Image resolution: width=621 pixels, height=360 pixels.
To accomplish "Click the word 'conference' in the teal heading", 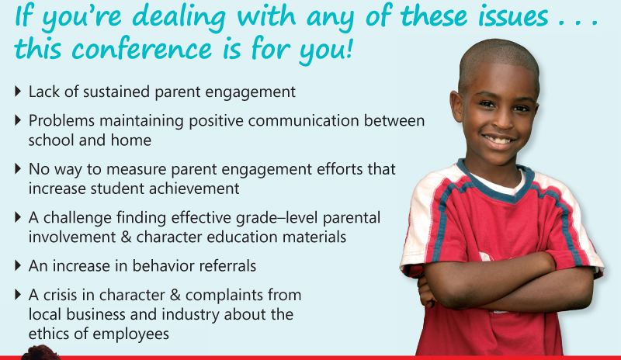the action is coord(142,50).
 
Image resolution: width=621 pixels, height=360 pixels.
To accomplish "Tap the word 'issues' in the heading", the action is coord(513,16).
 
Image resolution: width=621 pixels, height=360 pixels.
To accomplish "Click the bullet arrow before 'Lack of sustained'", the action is coord(18,92).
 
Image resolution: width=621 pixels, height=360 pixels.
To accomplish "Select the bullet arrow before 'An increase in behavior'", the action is coord(18,265).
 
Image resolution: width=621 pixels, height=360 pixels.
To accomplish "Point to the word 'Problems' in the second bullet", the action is coord(61,120).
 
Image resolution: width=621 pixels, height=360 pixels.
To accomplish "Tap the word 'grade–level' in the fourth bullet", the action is coord(277,217).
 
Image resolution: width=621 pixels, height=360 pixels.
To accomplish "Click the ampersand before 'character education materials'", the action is coord(126,237).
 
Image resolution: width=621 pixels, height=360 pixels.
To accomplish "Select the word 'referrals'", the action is coord(227,266).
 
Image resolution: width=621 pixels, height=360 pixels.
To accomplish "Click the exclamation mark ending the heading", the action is coord(349,48).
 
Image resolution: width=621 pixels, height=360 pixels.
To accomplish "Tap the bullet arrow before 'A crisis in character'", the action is coord(18,295).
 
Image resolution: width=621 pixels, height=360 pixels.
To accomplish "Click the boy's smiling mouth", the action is coord(498,140).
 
